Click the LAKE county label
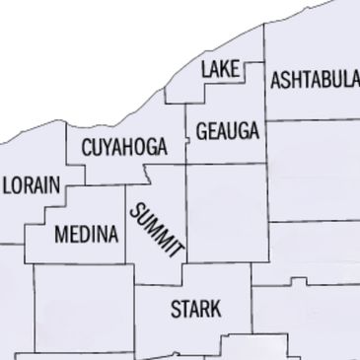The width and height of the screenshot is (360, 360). [x=221, y=69]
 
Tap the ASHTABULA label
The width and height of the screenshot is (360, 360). [x=315, y=80]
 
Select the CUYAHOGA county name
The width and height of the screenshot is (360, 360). [x=123, y=149]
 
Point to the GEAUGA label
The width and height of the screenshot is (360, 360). [x=227, y=131]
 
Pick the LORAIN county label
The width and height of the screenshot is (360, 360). [x=32, y=184]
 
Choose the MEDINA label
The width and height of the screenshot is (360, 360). [x=87, y=235]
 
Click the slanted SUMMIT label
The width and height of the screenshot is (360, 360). [x=157, y=229]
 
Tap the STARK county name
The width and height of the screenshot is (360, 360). [x=195, y=309]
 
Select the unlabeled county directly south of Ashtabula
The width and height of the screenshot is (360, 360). [x=314, y=168]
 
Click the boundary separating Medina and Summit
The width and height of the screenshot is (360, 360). [x=126, y=232]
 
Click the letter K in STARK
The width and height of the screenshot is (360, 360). [x=216, y=309]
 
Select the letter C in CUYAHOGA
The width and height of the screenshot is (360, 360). [x=86, y=149]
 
